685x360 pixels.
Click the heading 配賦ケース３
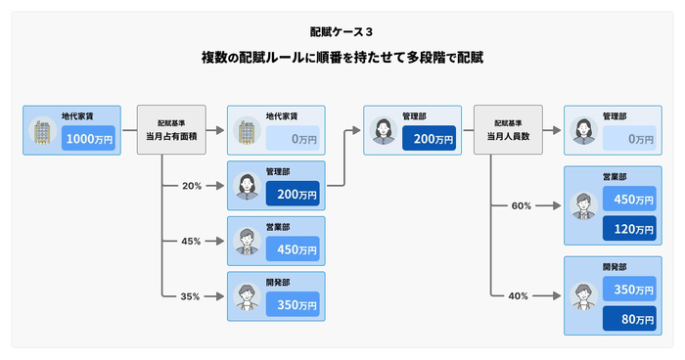click(x=342, y=31)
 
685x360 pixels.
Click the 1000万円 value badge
click(x=89, y=139)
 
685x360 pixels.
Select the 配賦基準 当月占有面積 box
click(x=171, y=129)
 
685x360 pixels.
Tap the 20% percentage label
click(x=192, y=186)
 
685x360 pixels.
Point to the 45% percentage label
click(x=192, y=241)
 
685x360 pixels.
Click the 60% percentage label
click(x=522, y=206)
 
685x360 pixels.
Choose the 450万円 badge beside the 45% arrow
click(x=292, y=249)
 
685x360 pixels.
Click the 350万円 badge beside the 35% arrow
click(x=292, y=304)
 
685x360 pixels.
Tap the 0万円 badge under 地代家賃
click(x=292, y=140)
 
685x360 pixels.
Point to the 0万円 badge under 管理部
click(x=628, y=139)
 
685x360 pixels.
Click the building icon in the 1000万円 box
click(x=43, y=131)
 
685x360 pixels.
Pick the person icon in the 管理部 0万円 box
click(x=582, y=130)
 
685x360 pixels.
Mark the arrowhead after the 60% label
click(x=557, y=206)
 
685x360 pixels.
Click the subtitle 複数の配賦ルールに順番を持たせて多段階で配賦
click(x=342, y=58)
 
